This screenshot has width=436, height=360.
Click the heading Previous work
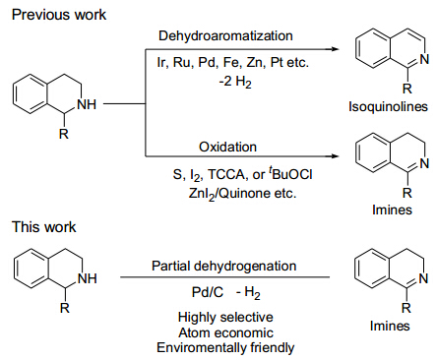coord(59,15)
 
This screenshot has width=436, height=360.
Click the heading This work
coord(44,227)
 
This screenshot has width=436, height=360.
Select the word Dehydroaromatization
coord(225,35)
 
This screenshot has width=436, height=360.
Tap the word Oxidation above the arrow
coord(227,147)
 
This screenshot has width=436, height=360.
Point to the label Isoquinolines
coord(388,106)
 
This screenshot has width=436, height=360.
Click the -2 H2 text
coord(235,82)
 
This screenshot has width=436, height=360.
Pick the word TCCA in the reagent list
coord(226,174)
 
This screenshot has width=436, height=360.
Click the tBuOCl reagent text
coord(290,174)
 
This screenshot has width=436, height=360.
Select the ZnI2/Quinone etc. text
coord(242,194)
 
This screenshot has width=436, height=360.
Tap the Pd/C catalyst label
coord(208,292)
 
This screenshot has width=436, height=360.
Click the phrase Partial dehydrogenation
coord(224,266)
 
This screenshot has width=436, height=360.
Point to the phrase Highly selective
coord(225,317)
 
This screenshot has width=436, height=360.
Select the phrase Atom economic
coord(225,332)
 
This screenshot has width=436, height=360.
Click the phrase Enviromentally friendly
coord(225,348)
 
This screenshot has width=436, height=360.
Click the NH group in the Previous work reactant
coord(87,104)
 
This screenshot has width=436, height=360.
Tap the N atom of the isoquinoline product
coord(424,59)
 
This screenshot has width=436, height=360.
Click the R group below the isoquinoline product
coord(406,89)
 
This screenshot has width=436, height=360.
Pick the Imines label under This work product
coord(390,326)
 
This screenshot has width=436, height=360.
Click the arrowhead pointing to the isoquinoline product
coord(334,49)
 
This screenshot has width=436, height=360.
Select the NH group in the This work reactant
coord(88,278)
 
